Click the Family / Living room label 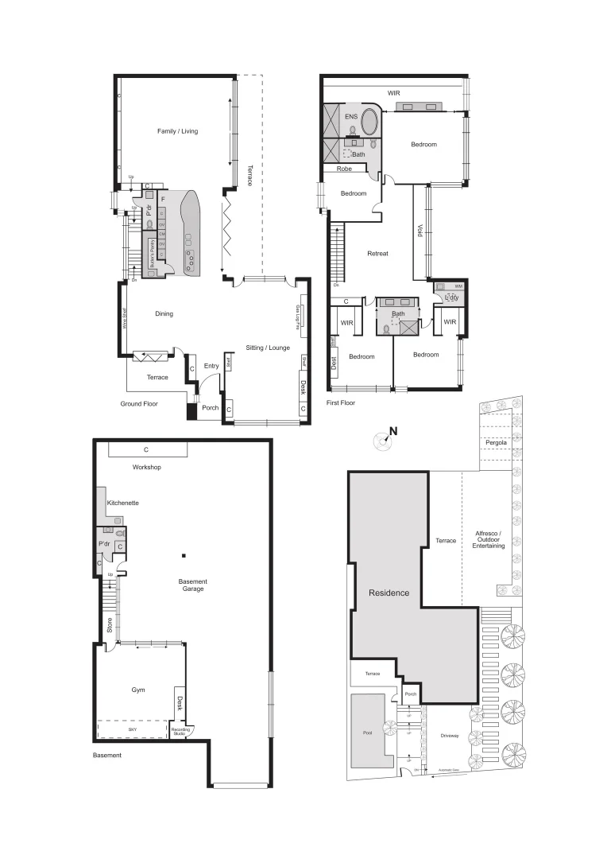177,130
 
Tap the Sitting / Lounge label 268,348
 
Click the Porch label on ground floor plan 210,408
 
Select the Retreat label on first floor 377,254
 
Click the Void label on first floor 419,230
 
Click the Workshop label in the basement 147,467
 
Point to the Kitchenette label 123,503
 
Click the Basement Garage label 191,585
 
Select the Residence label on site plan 388,593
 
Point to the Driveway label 449,736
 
